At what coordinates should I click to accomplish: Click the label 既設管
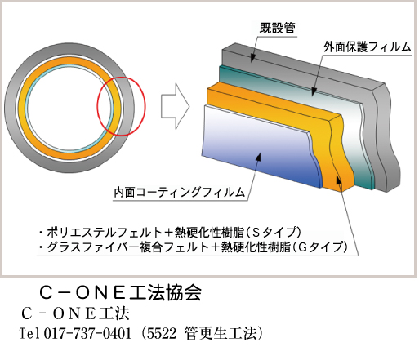tap(277, 28)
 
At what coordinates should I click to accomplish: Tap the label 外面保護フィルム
tap(368, 47)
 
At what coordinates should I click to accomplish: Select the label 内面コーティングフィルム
tap(180, 192)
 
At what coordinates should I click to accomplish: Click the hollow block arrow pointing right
tap(175, 106)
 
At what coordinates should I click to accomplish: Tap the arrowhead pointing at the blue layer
tap(258, 158)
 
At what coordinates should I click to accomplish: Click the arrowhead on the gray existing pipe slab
tap(252, 57)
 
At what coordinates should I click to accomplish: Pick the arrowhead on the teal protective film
tap(314, 91)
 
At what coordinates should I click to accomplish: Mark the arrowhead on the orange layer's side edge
tap(338, 180)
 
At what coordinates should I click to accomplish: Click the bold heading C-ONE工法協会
tap(120, 293)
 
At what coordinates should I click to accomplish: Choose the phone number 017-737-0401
tap(87, 333)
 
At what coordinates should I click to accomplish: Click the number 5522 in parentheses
tap(162, 333)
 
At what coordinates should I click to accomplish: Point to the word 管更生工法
tap(221, 333)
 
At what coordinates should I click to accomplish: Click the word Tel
tap(29, 333)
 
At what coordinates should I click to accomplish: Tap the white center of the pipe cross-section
tap(69, 108)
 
